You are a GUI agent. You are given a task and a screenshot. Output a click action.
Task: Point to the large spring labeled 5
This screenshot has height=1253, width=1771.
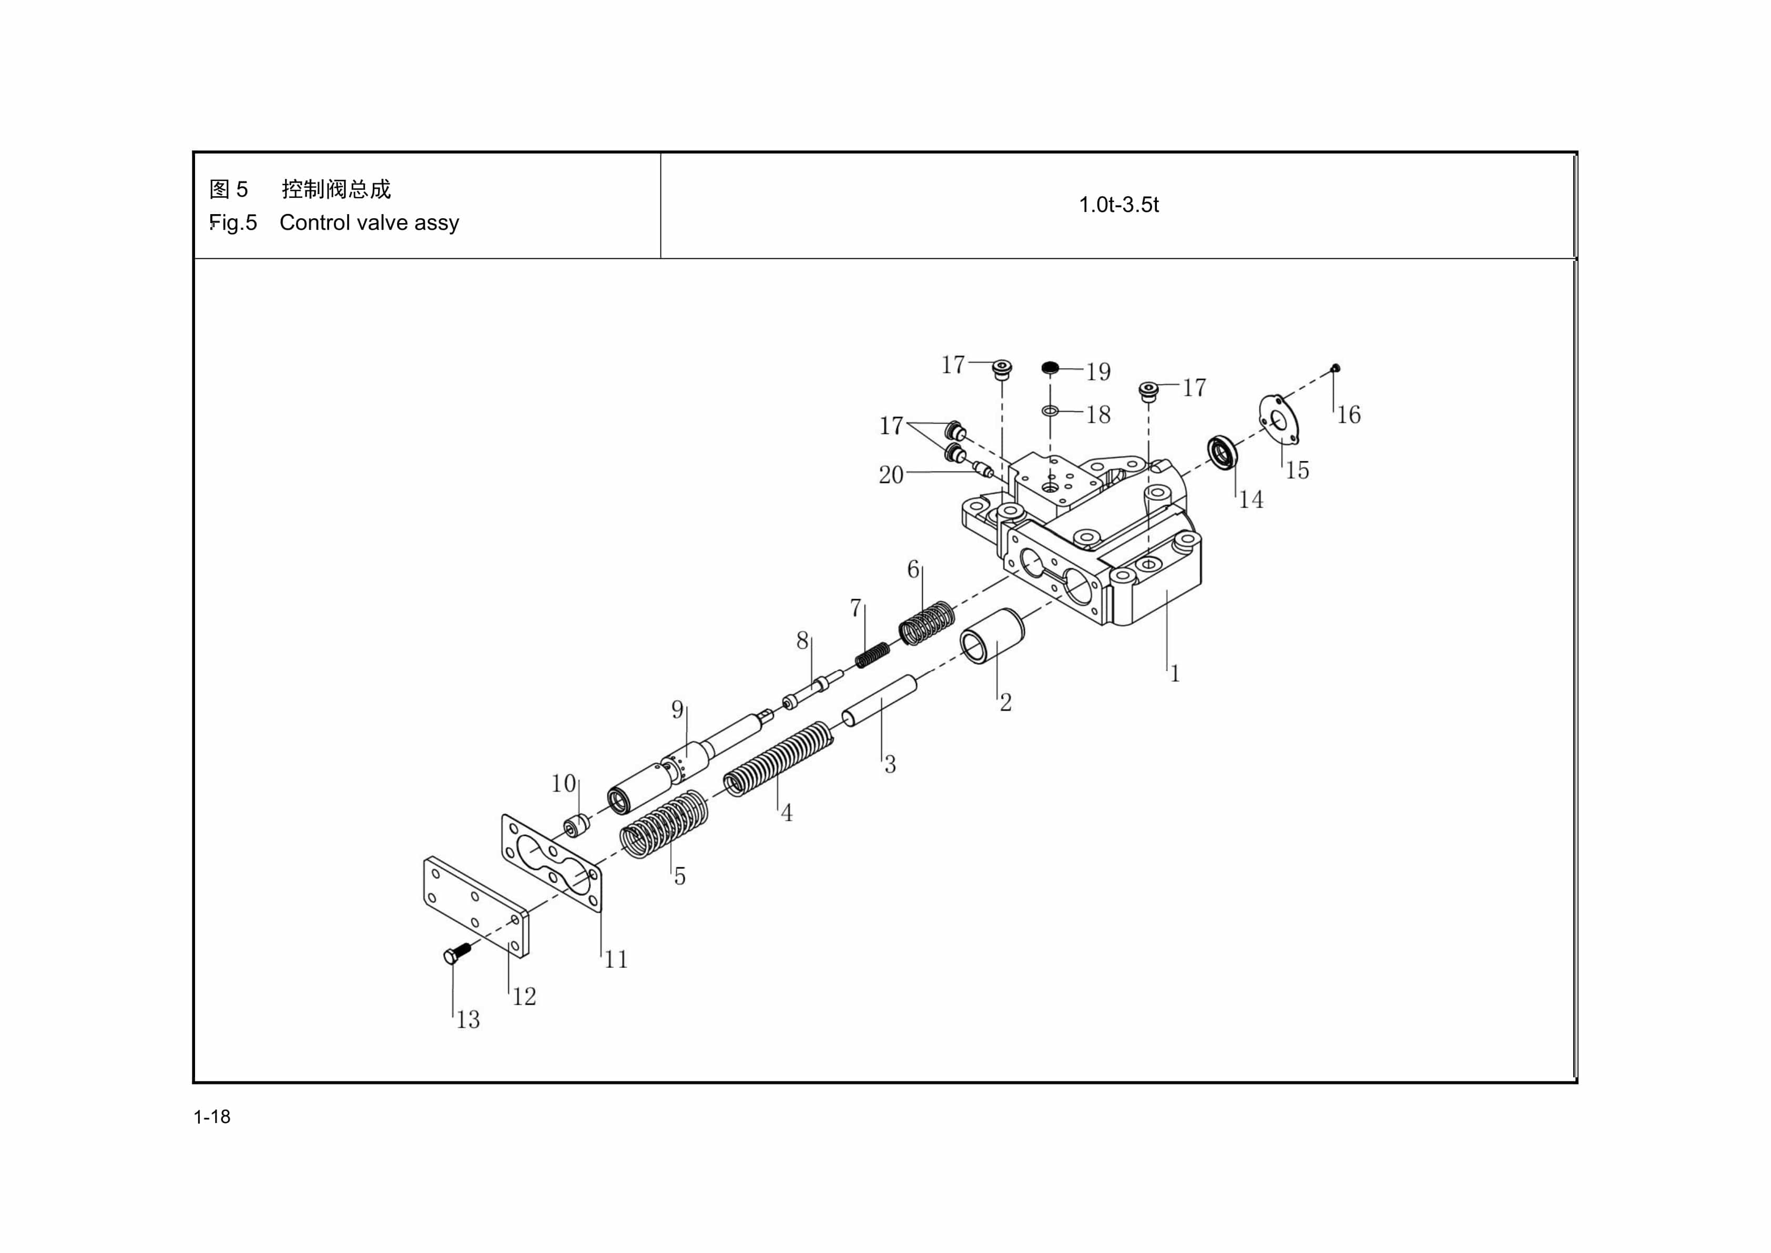(664, 823)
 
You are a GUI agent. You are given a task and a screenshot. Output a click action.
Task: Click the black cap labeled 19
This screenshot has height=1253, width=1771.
(1049, 367)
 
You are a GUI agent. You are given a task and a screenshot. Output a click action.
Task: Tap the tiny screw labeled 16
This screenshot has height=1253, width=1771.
(1336, 368)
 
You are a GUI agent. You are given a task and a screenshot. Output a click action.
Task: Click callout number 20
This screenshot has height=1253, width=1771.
(891, 474)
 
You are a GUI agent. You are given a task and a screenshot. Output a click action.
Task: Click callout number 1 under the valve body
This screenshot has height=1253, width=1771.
(1175, 673)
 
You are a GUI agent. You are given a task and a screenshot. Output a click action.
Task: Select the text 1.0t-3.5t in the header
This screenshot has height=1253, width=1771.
(1118, 205)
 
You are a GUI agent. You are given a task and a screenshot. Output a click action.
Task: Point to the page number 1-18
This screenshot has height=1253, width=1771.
(212, 1116)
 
